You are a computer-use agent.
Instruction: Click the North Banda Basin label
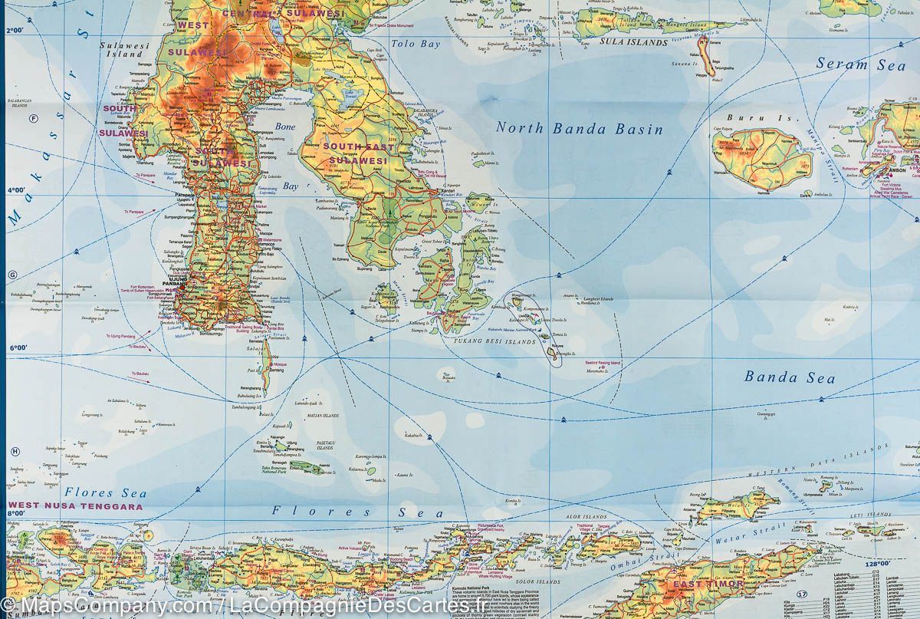pos(579,128)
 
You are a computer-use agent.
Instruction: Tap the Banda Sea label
pos(779,377)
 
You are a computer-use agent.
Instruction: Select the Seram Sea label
pos(861,64)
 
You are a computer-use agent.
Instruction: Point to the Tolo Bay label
pos(416,44)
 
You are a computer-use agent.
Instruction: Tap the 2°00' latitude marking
pos(15,31)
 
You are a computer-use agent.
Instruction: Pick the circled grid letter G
pos(11,275)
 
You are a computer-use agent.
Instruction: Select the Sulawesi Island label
pos(123,50)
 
